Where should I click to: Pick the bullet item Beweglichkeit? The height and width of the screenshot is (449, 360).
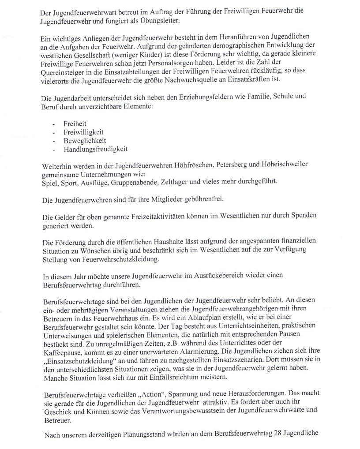click(82, 141)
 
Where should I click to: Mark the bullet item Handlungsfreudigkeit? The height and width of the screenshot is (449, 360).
click(95, 149)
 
